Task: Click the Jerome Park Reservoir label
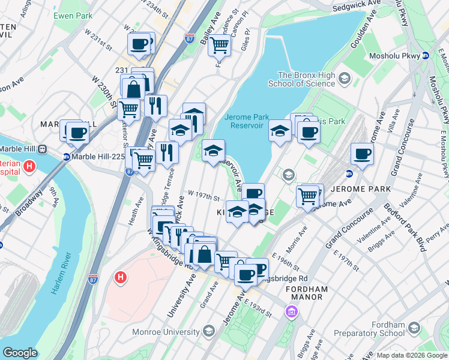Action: click(x=244, y=121)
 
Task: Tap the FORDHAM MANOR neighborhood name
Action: click(x=306, y=293)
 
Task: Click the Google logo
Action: click(x=20, y=353)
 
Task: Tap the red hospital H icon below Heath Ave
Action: click(x=121, y=278)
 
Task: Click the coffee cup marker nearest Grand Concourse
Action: click(x=363, y=154)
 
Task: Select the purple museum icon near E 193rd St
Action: click(x=292, y=312)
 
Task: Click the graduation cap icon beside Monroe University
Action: click(x=208, y=331)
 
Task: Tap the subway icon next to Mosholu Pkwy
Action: click(x=425, y=55)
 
